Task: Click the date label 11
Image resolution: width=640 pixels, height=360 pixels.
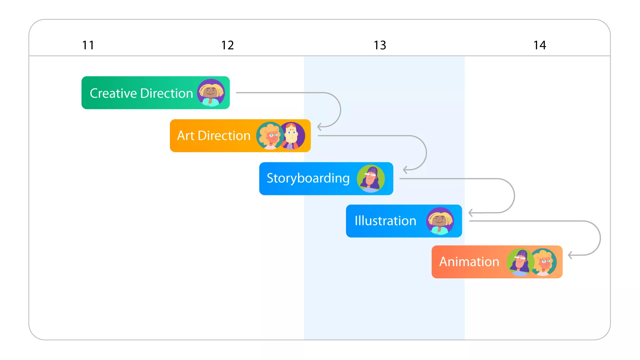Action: (x=88, y=45)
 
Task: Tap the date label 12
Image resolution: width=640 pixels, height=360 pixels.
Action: (x=228, y=45)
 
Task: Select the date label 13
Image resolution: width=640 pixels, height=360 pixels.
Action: (x=380, y=45)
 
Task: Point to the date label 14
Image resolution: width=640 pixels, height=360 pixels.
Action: (x=540, y=45)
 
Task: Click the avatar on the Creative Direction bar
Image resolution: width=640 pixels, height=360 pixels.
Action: (x=211, y=93)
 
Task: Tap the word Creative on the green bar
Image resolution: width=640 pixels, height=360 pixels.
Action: (x=114, y=93)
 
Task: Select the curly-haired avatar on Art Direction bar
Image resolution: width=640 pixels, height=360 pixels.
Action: (x=270, y=136)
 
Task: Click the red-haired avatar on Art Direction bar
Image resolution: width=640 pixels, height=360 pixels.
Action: (x=292, y=136)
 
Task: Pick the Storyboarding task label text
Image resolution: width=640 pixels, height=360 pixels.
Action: (x=308, y=179)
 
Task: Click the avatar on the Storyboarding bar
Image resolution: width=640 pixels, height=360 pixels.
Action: (x=371, y=179)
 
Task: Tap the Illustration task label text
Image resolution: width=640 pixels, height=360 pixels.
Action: (x=385, y=221)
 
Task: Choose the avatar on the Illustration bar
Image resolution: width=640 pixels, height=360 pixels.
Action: (x=440, y=221)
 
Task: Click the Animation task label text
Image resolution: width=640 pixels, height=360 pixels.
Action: (x=469, y=262)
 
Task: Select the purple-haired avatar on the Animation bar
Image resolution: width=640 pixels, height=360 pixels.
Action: (x=520, y=262)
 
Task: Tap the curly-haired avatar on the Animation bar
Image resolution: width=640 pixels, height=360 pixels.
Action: (x=543, y=262)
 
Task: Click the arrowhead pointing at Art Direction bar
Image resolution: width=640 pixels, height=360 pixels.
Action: (x=319, y=127)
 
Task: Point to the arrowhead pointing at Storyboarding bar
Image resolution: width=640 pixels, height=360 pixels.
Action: (x=405, y=170)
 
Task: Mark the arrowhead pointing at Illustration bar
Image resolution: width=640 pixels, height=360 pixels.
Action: (x=471, y=213)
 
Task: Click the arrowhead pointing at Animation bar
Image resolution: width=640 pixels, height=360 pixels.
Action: (x=570, y=255)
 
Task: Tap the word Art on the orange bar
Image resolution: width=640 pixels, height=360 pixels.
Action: (x=186, y=136)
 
